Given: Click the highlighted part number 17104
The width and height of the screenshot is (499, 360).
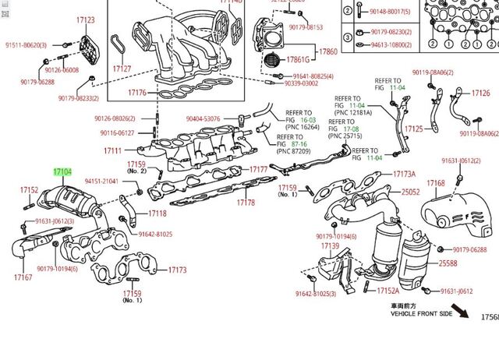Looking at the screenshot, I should click(x=62, y=171).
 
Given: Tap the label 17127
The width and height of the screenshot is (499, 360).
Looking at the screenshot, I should click(x=122, y=69).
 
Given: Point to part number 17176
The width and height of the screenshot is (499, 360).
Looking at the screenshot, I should click(x=136, y=94).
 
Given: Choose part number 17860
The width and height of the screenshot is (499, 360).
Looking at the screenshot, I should click(x=328, y=52).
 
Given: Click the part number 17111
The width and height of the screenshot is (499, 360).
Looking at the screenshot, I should click(x=112, y=150).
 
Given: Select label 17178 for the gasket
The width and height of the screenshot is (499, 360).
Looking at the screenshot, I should click(x=246, y=203).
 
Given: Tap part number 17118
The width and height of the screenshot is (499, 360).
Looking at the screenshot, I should click(x=157, y=213).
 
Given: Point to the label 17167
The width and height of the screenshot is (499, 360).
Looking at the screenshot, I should click(x=23, y=277).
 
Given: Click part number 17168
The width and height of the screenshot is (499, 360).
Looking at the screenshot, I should click(x=436, y=184).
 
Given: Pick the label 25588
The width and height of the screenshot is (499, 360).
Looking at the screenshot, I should click(x=448, y=263).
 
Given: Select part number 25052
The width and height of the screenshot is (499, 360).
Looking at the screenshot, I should click(x=411, y=192).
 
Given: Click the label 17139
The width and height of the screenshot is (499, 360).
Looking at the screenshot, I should click(x=330, y=246).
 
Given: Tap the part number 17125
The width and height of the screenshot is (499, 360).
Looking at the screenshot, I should click(x=414, y=129).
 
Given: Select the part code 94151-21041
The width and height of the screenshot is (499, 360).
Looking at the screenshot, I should click(x=101, y=182).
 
